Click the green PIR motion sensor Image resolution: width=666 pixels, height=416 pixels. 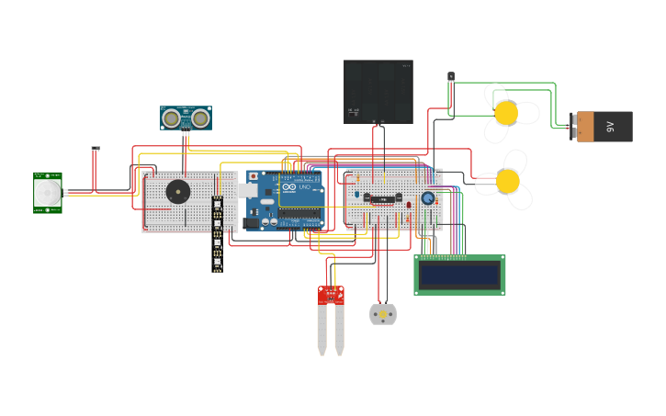coord(48,193)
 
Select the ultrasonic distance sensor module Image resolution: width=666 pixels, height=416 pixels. coord(186,118)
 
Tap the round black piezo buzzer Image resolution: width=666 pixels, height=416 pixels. coord(177,192)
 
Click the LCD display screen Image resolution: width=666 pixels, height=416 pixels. coord(459,275)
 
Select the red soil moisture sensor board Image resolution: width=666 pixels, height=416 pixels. coord(331,295)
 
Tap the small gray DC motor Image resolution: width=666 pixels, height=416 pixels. coord(383,314)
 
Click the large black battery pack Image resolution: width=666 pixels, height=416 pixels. coord(378,91)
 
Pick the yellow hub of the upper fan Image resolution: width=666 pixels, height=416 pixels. coord(506,113)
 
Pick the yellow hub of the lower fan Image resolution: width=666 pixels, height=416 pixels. coord(507,181)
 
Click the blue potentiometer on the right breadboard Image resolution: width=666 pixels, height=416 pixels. coord(428,197)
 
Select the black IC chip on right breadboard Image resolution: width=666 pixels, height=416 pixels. coord(380,197)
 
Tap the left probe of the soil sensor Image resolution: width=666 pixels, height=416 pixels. coord(322,331)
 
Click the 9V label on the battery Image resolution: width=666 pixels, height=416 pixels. coord(610,127)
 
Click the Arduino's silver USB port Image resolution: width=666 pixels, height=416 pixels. coord(249,190)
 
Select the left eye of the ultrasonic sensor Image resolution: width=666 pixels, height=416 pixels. coord(172,117)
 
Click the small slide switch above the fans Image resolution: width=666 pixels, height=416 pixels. coord(451,77)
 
